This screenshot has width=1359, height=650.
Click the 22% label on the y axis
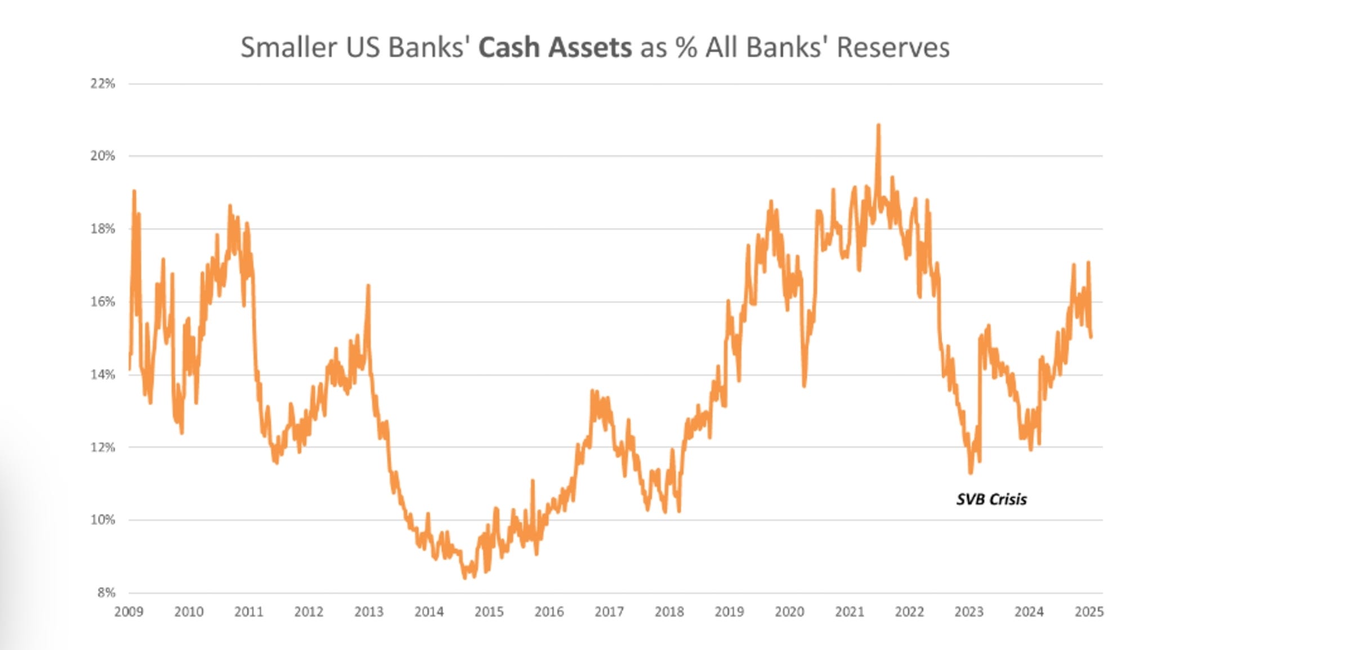102,84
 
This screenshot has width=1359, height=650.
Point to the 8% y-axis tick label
105,593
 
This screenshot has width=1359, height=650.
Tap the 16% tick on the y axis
102,302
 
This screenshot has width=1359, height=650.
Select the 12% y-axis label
102,447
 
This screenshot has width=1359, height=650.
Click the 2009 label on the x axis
128,612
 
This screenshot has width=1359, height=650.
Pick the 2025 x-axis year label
1089,612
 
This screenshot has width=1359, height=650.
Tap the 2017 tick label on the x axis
609,612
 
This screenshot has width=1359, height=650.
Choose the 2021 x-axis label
849,612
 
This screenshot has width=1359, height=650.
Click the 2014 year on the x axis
429,612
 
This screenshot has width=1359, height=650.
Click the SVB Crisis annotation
991,500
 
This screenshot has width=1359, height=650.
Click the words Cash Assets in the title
555,47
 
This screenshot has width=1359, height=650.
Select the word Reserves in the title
893,47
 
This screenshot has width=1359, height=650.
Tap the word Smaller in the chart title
289,47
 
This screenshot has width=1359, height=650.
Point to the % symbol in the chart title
686,47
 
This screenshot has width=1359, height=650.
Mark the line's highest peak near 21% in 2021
878,125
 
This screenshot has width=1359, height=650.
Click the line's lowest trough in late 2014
465,577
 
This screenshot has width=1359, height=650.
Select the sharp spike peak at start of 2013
368,286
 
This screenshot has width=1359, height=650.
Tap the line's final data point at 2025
1091,337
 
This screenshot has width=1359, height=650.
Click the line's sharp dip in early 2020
804,385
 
